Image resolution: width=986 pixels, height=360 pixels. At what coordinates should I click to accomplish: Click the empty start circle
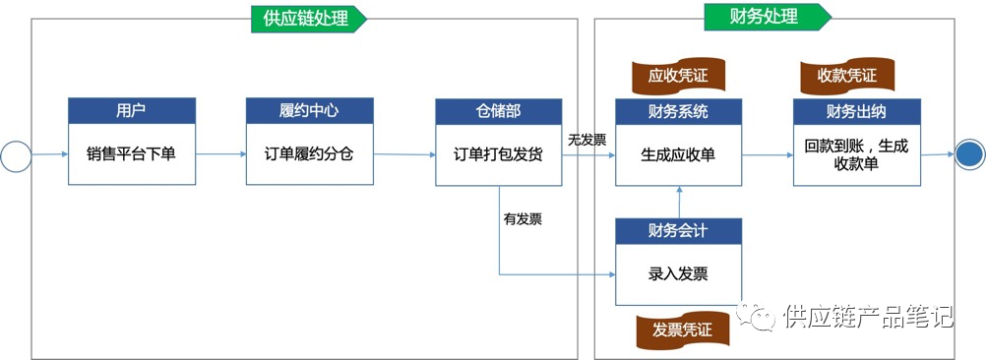point(17,154)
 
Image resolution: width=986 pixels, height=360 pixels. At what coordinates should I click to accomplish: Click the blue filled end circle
point(969,154)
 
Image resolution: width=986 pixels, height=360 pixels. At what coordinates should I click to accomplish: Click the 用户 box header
point(131,110)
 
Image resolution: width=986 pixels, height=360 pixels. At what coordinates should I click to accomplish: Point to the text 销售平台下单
point(131,153)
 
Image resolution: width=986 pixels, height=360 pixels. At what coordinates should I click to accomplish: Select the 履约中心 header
point(310,110)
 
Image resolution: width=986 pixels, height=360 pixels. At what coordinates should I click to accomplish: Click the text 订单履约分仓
point(310,153)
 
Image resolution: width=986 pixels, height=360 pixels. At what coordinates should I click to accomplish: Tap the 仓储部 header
point(499,110)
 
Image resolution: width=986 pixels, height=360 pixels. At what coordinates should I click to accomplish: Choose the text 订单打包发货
point(499,153)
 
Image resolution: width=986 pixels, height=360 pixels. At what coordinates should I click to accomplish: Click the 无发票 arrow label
point(586,140)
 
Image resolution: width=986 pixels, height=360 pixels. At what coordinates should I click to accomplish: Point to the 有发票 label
point(522,218)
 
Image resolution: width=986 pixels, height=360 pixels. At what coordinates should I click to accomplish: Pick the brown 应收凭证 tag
point(677,75)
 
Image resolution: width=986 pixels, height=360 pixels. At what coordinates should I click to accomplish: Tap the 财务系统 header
point(678,110)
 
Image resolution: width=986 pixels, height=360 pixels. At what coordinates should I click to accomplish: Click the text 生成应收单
point(678,153)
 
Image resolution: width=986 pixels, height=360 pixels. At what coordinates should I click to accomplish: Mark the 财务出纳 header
point(856,110)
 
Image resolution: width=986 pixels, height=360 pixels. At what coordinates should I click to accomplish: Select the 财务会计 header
point(678,231)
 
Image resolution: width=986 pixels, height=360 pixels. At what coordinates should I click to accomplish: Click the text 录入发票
point(678,273)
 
